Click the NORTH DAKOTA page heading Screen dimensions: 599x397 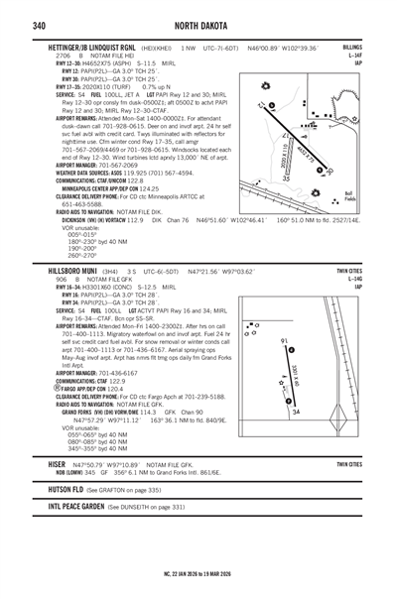click(198, 24)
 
